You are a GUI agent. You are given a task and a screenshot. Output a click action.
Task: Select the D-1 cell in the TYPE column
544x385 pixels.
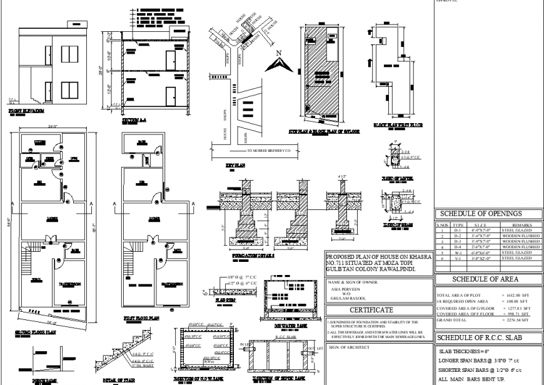tap(458, 229)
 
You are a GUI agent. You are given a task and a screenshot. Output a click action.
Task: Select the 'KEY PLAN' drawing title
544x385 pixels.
tap(236, 166)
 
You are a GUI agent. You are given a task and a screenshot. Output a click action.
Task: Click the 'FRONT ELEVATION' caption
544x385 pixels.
tap(27, 111)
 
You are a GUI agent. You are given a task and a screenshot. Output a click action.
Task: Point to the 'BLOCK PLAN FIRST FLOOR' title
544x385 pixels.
tap(398, 125)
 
